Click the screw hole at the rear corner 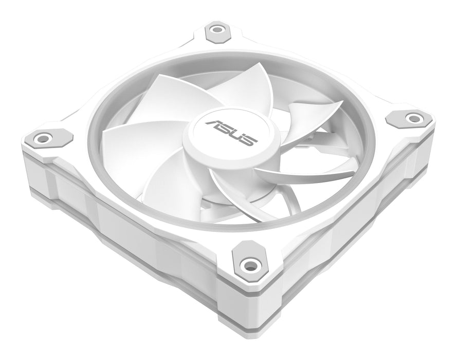(x=216, y=32)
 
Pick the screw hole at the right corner (x=412, y=118)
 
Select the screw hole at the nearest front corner (x=250, y=265)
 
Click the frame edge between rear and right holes (x=319, y=67)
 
